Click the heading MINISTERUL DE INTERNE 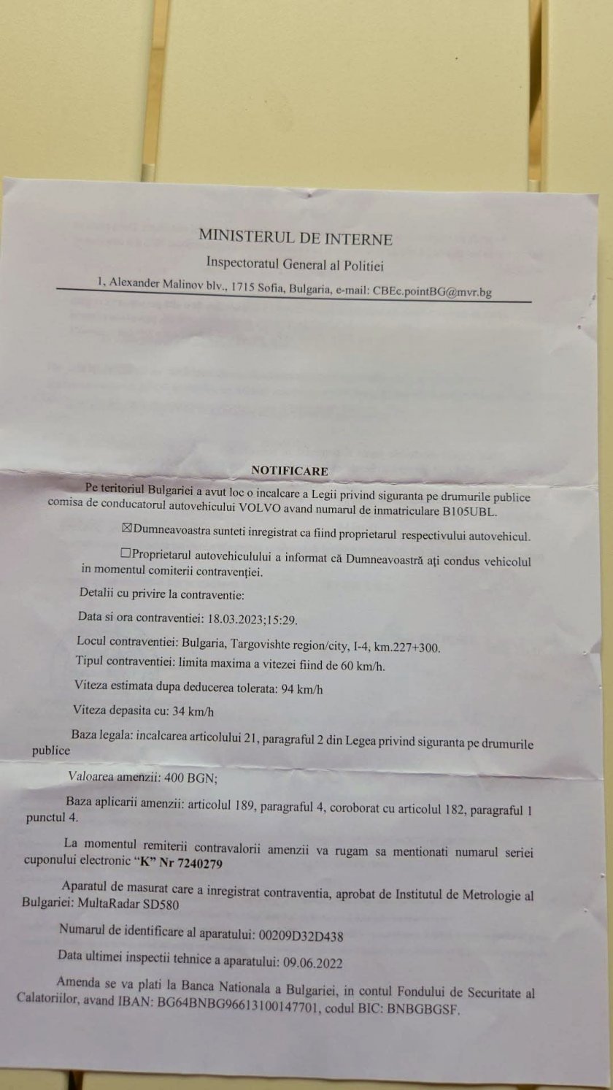pyautogui.click(x=296, y=238)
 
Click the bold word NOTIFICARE pyautogui.click(x=289, y=471)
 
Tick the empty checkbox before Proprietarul pyautogui.click(x=126, y=553)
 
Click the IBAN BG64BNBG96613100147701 pyautogui.click(x=202, y=1009)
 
